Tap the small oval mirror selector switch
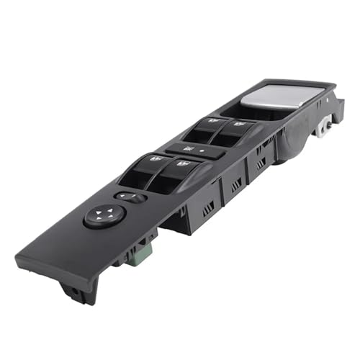(x=130, y=197)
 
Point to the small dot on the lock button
(x=201, y=153)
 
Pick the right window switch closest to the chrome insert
(x=231, y=132)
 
